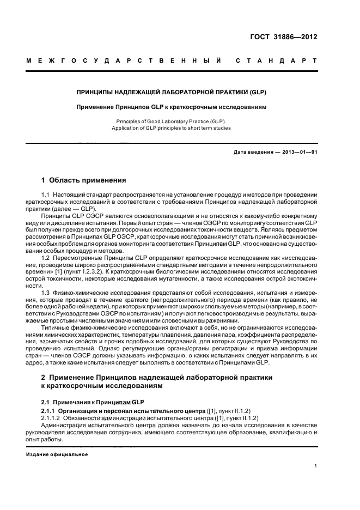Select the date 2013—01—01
click(299, 152)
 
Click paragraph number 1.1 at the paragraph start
click(46, 195)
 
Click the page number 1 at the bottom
click(315, 466)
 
